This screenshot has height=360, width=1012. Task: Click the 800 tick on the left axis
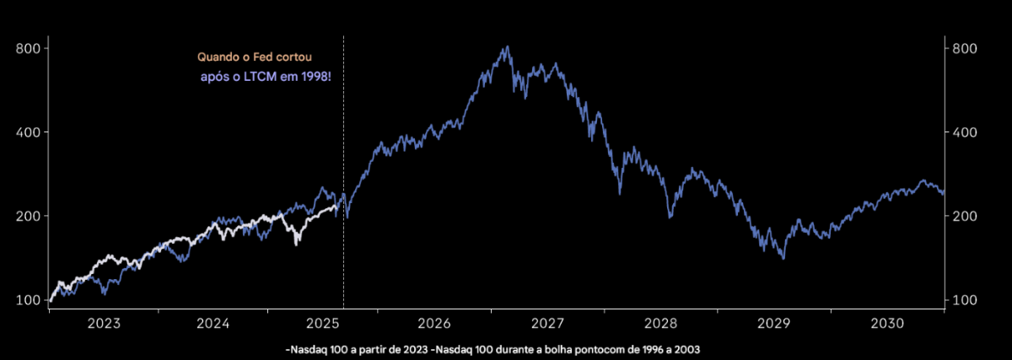coord(29,48)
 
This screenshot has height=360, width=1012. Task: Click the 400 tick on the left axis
coord(29,132)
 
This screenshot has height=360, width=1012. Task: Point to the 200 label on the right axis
coord(964,216)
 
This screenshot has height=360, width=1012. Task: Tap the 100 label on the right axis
coord(964,300)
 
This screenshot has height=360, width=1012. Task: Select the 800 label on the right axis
coord(964,48)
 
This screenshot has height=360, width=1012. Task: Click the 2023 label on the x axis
coord(104,324)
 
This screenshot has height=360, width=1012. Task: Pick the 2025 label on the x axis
coord(325,324)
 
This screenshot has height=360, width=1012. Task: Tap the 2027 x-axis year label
coord(549,324)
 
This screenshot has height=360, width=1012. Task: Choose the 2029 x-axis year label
coord(773,324)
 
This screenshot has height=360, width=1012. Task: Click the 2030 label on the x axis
coord(886,324)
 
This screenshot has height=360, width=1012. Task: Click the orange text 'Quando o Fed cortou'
coord(255,57)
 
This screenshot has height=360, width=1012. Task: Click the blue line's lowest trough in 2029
coord(783,258)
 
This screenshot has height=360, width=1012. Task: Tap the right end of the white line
coord(342,199)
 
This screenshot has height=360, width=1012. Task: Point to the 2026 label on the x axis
coord(436,324)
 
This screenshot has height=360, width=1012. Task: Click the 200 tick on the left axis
coord(29,216)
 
